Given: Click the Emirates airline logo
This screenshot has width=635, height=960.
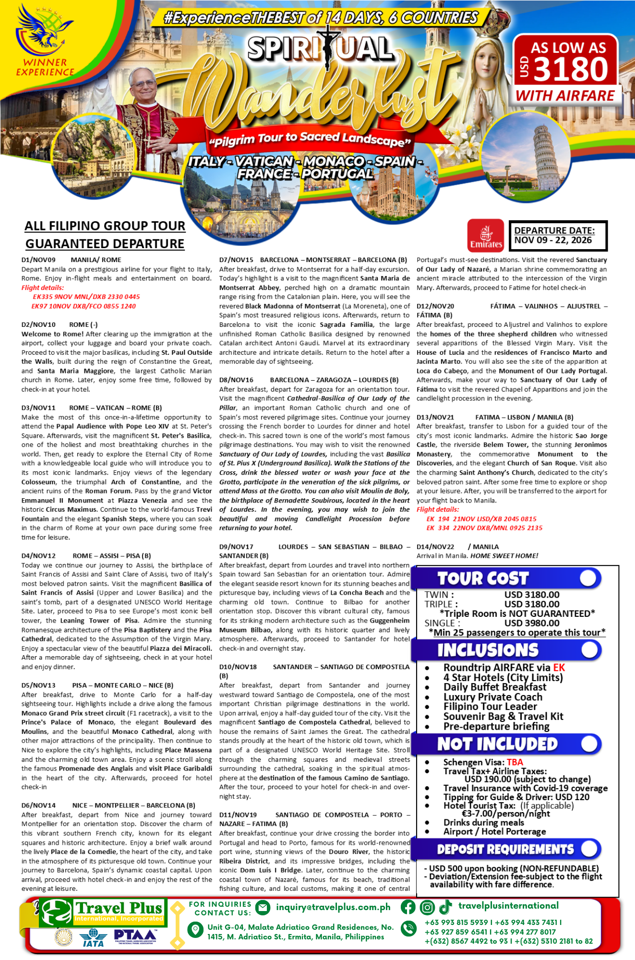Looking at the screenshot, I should click(x=485, y=235).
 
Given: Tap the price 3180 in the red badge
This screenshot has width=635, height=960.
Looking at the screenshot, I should click(x=571, y=69).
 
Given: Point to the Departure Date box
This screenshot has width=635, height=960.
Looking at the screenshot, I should click(x=558, y=236).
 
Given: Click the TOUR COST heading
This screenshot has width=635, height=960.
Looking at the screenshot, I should click(x=482, y=578).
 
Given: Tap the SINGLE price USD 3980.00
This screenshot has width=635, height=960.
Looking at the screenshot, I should click(x=532, y=623).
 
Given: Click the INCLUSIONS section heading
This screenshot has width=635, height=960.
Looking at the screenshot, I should click(x=488, y=650).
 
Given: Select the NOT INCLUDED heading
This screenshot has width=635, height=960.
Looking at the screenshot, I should click(x=497, y=744).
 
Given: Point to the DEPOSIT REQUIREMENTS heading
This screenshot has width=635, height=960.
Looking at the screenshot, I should click(x=505, y=849).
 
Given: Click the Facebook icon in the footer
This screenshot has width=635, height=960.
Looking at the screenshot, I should click(x=408, y=907).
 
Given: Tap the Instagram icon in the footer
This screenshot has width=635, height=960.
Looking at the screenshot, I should click(x=427, y=907).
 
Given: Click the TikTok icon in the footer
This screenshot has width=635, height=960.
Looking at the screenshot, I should click(x=445, y=906).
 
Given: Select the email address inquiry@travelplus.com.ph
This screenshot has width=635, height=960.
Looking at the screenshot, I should click(x=333, y=907).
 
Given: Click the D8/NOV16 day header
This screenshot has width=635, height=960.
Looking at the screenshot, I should click(x=236, y=380).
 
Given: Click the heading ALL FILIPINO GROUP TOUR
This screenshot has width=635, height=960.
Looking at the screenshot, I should click(x=105, y=226).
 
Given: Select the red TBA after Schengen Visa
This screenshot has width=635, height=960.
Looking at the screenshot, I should click(x=515, y=762).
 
